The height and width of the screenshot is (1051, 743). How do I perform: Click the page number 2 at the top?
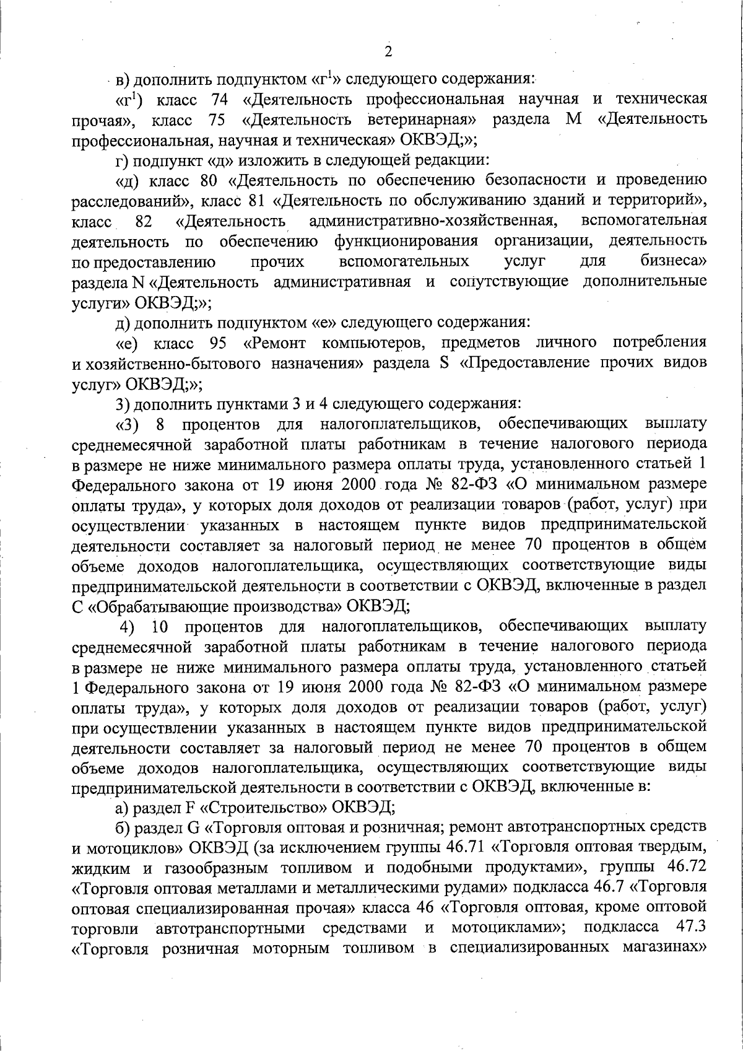coord(388,51)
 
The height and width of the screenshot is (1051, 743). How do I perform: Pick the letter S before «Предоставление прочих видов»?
coord(443,362)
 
